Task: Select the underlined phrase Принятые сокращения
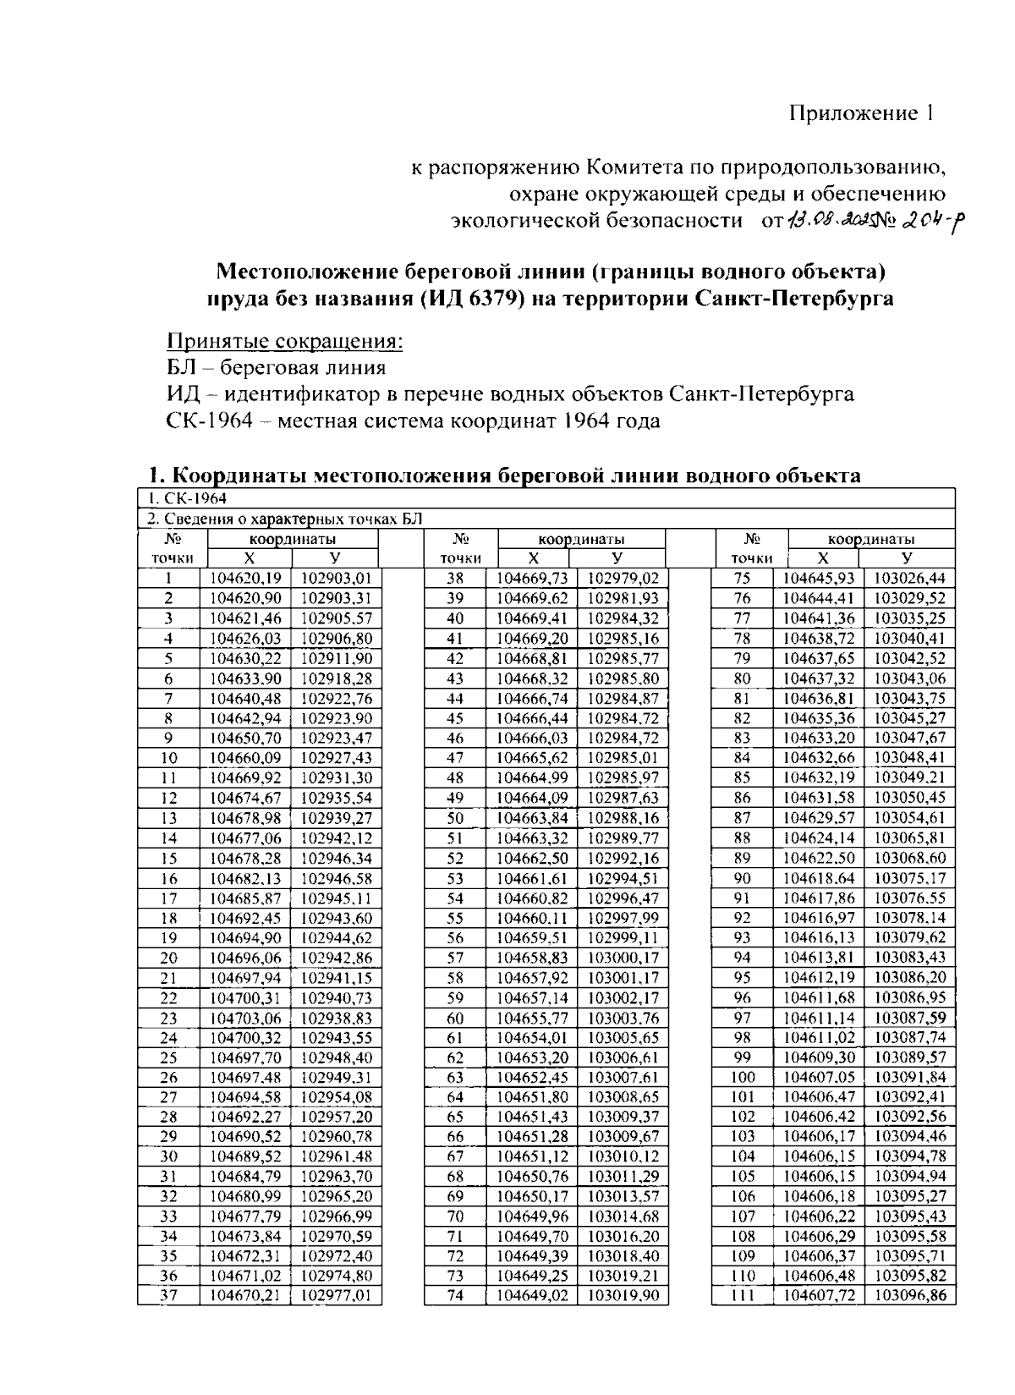pyautogui.click(x=285, y=342)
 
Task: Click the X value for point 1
pyautogui.click(x=245, y=579)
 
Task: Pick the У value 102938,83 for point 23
pyautogui.click(x=336, y=1019)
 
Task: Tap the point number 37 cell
pyautogui.click(x=168, y=1295)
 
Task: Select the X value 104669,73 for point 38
pyautogui.click(x=531, y=579)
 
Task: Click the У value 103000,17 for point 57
pyautogui.click(x=623, y=958)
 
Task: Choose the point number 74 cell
pyautogui.click(x=455, y=1295)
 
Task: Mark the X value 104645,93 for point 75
pyautogui.click(x=819, y=579)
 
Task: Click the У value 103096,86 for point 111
pyautogui.click(x=909, y=1295)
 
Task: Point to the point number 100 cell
pyautogui.click(x=742, y=1078)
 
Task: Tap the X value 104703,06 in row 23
pyautogui.click(x=245, y=1019)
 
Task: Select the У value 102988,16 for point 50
pyautogui.click(x=623, y=818)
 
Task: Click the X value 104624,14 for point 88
pyautogui.click(x=819, y=838)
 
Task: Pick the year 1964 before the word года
pyautogui.click(x=583, y=420)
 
